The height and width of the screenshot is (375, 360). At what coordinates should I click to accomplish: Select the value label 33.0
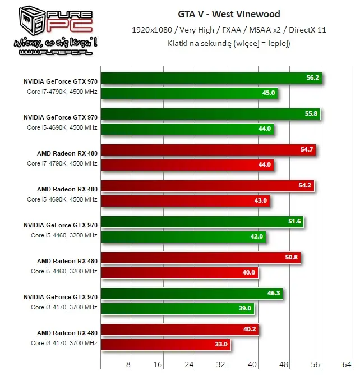coord(221,344)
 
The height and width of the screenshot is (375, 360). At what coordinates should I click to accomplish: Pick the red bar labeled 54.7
coord(208,150)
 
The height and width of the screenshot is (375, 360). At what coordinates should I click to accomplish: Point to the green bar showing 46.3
coord(192,294)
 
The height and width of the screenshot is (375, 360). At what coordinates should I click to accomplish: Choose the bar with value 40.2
coord(179,330)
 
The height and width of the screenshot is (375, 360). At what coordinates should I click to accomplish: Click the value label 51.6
coord(294,222)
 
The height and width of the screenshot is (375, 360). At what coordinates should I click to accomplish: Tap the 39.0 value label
coord(245,308)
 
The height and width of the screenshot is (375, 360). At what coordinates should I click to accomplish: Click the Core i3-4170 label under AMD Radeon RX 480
coord(64,343)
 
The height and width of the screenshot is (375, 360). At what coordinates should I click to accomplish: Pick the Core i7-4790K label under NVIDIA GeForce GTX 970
coord(62,92)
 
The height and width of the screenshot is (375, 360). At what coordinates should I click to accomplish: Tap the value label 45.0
coord(269,92)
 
